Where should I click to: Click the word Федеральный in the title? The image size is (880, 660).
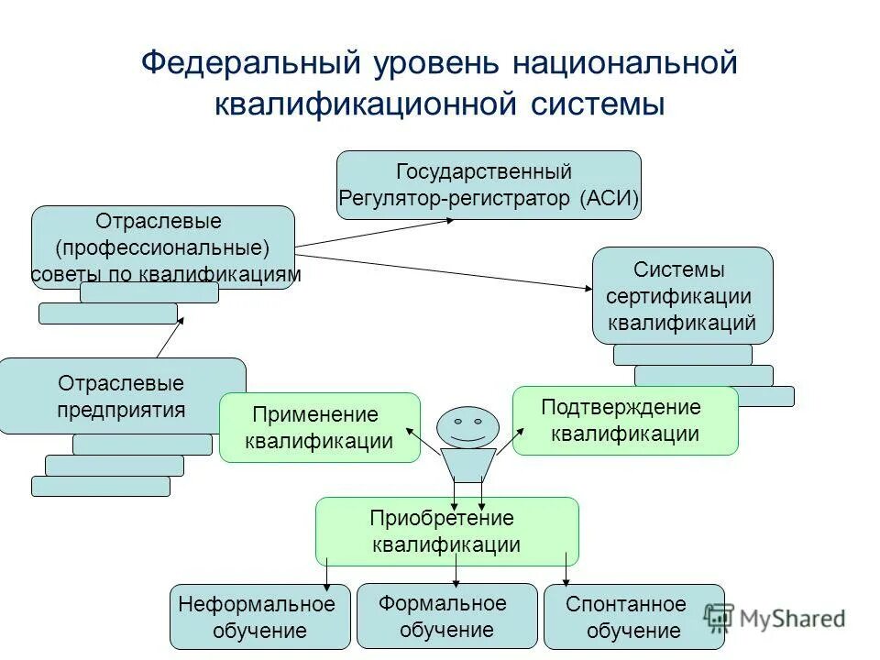point(249,63)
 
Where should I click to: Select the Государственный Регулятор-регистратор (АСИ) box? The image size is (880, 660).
point(489,185)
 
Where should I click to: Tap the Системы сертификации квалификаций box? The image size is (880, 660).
point(682,295)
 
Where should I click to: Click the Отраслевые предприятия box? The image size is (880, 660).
point(121,395)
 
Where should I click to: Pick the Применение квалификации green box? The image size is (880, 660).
point(319,427)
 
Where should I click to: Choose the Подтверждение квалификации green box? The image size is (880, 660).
point(624,420)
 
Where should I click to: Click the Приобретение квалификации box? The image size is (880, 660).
point(446,531)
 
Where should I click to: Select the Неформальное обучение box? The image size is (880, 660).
point(259,617)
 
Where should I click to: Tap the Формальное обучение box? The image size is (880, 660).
point(446,615)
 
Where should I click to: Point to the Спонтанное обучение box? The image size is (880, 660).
point(633,617)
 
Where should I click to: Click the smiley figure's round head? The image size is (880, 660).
point(467,427)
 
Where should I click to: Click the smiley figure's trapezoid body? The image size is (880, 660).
point(467,464)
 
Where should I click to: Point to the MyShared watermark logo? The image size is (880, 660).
point(775,618)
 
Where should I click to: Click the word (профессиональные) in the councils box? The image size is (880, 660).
point(163,247)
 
